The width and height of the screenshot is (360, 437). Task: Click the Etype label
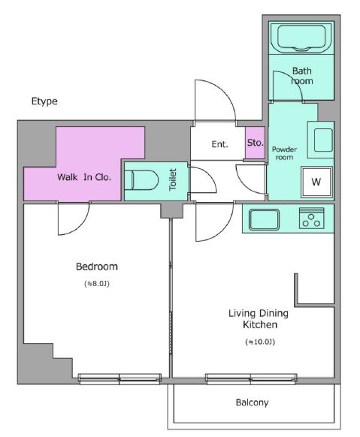[x=44, y=101]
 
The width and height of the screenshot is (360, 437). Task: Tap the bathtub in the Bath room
[x=301, y=38]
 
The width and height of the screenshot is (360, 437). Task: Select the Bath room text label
[x=302, y=76]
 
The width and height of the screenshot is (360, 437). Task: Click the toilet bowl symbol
[x=141, y=180]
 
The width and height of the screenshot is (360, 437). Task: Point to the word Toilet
[x=173, y=179]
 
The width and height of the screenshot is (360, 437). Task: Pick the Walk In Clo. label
[x=84, y=177]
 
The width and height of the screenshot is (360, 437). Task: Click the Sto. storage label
[x=255, y=143]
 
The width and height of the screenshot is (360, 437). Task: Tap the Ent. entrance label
[x=219, y=144]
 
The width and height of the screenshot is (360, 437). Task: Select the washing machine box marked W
[x=316, y=182]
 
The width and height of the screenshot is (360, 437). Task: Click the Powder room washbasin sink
[x=323, y=140]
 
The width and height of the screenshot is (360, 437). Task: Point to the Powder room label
[x=284, y=153]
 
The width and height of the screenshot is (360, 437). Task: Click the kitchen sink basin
[x=264, y=219]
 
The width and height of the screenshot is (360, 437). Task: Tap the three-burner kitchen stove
[x=311, y=218]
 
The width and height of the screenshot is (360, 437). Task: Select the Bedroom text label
[x=97, y=267]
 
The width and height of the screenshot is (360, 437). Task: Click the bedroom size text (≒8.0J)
[x=97, y=284]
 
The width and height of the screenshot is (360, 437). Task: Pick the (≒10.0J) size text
[x=260, y=342]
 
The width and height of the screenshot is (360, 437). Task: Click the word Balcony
[x=252, y=402]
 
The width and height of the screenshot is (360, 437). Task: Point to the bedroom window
[x=119, y=378]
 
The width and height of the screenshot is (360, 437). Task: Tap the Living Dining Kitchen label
[x=259, y=319]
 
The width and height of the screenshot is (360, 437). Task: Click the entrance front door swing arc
[x=223, y=92]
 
